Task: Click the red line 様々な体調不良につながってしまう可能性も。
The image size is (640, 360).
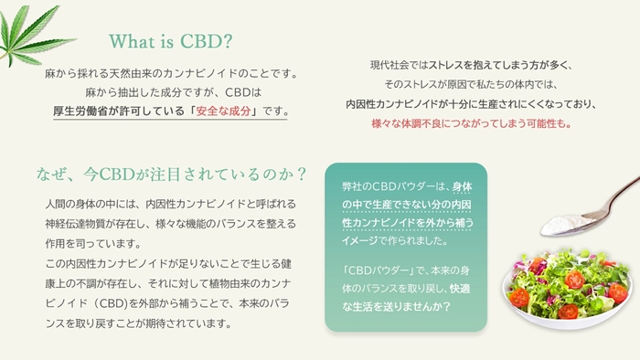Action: (x=471, y=123)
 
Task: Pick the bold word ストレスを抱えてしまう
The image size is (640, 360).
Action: (x=482, y=65)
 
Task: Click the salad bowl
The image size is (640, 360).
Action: (x=567, y=283)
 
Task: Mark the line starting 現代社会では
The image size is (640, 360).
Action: (x=470, y=65)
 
